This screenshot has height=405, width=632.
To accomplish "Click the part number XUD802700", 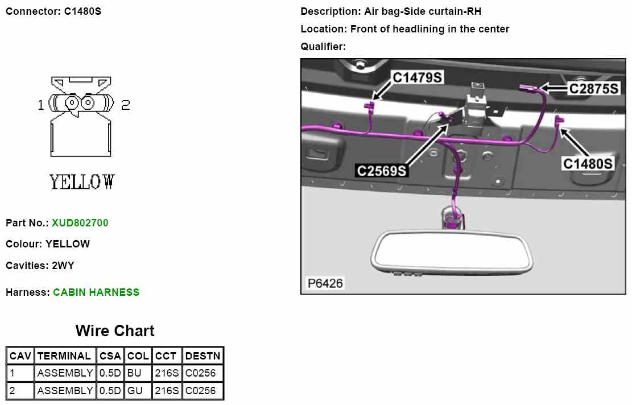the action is (x=80, y=223).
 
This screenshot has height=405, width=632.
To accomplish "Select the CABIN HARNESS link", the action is (x=96, y=292).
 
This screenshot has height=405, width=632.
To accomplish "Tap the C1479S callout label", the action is (x=417, y=77).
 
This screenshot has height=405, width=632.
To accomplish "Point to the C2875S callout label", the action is (x=593, y=89).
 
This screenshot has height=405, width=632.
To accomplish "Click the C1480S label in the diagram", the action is (x=588, y=164).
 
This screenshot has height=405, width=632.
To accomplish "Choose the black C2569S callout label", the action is (x=382, y=171).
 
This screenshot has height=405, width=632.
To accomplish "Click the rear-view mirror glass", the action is (x=452, y=252).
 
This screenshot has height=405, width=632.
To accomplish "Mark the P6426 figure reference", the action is (x=325, y=283).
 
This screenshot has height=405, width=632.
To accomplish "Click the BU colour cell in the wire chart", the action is (x=134, y=373).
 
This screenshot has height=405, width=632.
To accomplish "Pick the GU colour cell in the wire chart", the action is (x=135, y=390).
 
